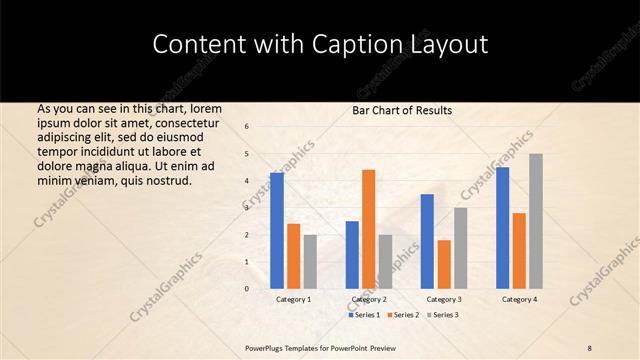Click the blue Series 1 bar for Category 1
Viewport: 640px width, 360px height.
pos(277,230)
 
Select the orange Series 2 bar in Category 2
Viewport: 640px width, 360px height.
pos(368,229)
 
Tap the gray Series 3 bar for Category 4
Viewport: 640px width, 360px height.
pos(535,221)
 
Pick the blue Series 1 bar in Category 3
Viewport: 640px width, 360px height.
pos(427,241)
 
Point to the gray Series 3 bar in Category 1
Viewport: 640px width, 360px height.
pos(310,261)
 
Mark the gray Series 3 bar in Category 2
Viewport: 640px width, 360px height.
pos(385,261)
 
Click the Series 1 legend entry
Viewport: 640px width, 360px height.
pos(365,315)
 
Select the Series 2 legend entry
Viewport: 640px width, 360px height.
pos(405,315)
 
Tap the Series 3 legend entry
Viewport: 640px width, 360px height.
pos(445,315)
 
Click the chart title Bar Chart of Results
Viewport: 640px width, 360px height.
pos(402,110)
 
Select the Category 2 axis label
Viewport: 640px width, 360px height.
pos(368,299)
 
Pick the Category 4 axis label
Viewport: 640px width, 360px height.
pos(519,299)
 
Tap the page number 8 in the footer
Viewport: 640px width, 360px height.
pos(590,347)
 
